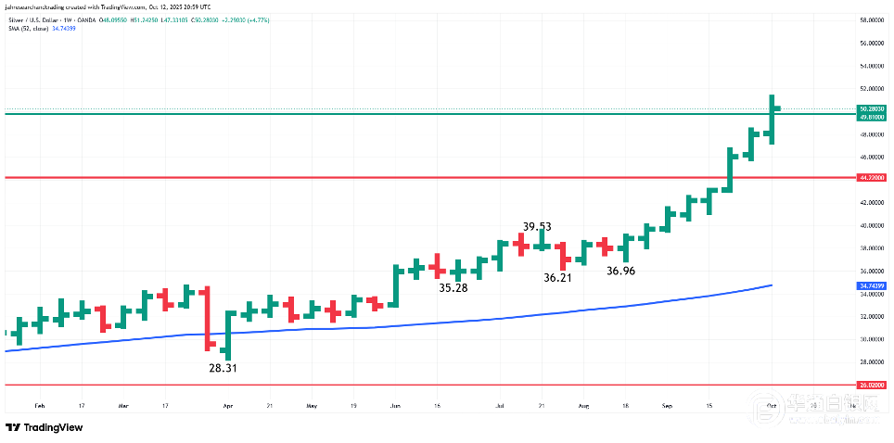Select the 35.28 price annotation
tap(453, 288)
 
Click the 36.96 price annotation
tap(620, 271)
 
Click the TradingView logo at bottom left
tap(44, 427)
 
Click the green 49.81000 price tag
tap(870, 118)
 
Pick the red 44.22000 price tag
tap(870, 177)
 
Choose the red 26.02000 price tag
tap(870, 384)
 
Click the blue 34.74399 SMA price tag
tap(870, 287)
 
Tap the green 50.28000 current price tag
tap(870, 108)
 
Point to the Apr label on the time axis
tap(228, 406)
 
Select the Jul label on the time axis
tap(500, 406)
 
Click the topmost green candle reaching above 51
tap(772, 119)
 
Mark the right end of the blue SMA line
tap(773, 285)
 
